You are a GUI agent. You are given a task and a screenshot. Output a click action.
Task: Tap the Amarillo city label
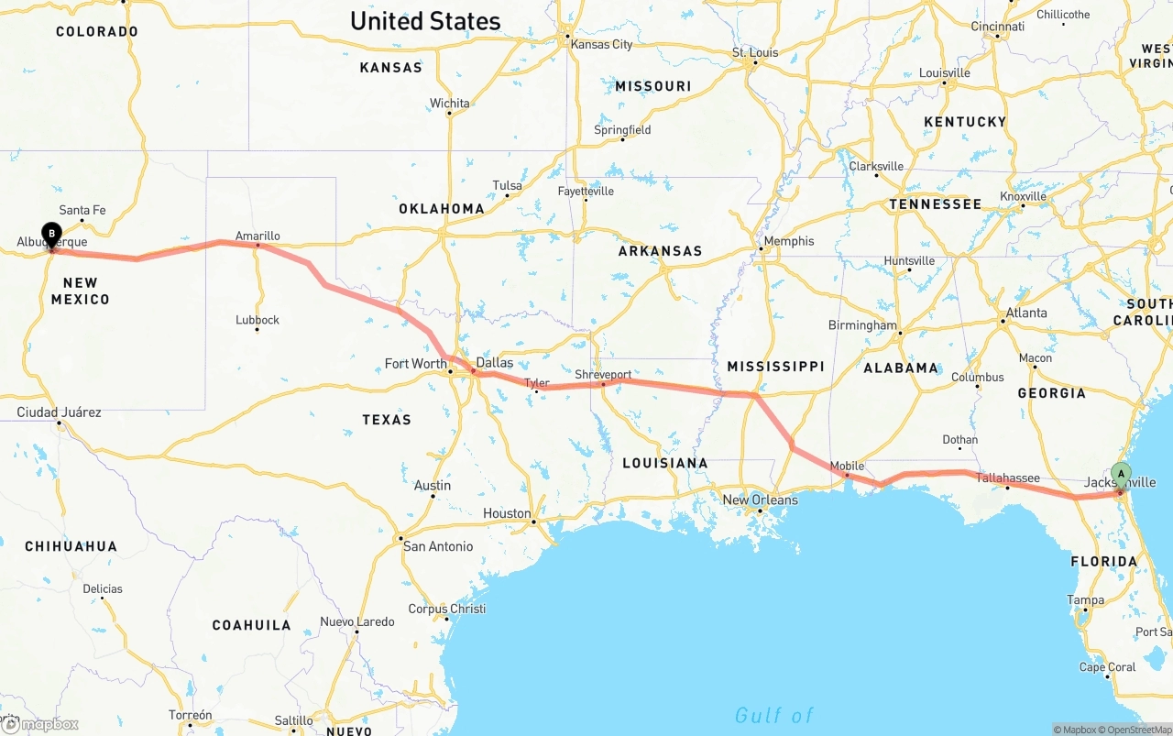(x=258, y=236)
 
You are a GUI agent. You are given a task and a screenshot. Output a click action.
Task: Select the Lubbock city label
(x=258, y=320)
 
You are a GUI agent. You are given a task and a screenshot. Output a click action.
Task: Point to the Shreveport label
(x=603, y=375)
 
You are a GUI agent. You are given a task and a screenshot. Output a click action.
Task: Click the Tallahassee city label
(x=1007, y=478)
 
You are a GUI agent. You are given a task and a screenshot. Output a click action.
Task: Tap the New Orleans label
(x=760, y=500)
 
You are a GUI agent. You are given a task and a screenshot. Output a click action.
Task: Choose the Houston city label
(x=507, y=513)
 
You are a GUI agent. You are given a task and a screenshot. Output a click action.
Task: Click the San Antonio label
(x=438, y=546)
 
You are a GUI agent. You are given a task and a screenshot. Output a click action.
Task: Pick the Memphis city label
(x=788, y=241)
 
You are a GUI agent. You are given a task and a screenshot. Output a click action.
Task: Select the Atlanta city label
(x=1026, y=313)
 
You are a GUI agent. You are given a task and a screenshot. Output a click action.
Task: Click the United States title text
(x=425, y=21)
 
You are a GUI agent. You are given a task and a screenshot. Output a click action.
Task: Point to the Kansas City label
(x=601, y=44)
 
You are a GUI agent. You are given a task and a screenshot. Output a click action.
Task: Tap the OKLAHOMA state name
(x=442, y=208)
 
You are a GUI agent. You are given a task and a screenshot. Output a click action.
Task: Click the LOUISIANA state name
(x=665, y=463)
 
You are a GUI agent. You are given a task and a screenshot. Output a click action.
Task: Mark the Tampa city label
(x=1085, y=600)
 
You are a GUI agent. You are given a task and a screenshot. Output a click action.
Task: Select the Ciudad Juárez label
(x=59, y=412)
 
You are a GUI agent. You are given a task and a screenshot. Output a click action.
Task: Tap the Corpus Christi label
(x=447, y=609)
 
